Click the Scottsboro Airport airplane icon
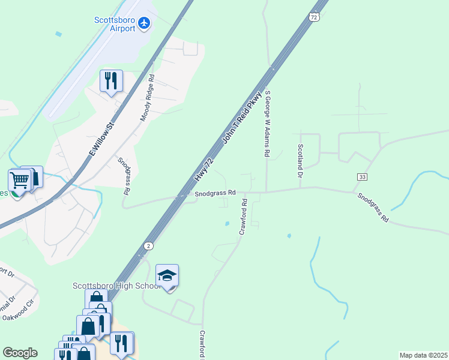(x=144, y=23)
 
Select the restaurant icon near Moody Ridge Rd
(x=111, y=80)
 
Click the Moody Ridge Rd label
(x=148, y=98)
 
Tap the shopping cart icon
(x=19, y=179)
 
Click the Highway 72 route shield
(x=314, y=17)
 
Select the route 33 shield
(x=361, y=177)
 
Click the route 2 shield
(x=148, y=246)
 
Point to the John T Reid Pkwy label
(x=243, y=118)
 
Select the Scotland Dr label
(x=300, y=160)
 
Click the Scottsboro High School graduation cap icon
(x=167, y=275)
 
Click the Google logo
(x=20, y=353)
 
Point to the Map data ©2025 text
(x=423, y=355)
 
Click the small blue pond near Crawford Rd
(x=226, y=224)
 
